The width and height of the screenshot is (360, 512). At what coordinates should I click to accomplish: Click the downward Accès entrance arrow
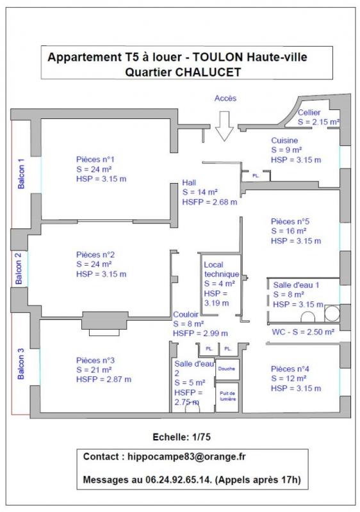click(224, 126)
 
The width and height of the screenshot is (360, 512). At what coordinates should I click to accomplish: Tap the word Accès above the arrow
click(225, 99)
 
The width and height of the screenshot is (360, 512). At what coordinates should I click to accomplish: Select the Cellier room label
click(309, 113)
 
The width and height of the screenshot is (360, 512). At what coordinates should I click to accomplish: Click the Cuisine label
click(284, 140)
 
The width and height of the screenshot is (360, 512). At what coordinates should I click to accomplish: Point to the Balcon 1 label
click(21, 173)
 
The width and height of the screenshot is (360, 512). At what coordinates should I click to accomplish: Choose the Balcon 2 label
click(19, 268)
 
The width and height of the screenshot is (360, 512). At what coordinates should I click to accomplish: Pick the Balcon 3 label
click(20, 364)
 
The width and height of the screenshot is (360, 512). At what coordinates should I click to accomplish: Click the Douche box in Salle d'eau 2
click(227, 369)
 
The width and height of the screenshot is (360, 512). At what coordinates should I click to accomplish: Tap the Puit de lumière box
click(227, 396)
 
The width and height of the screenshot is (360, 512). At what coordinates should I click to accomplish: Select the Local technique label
click(221, 269)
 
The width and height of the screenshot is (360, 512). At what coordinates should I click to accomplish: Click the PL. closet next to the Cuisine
click(256, 175)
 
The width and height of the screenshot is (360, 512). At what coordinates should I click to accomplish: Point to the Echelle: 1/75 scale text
click(182, 437)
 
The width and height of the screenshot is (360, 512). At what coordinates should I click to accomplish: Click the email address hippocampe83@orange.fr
click(186, 456)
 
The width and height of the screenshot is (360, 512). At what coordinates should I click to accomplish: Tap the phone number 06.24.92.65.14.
click(178, 479)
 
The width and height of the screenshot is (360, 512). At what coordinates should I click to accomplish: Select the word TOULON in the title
click(218, 57)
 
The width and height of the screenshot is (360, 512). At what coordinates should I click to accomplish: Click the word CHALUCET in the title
click(208, 72)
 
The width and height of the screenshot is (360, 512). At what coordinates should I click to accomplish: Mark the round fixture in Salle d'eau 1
click(332, 313)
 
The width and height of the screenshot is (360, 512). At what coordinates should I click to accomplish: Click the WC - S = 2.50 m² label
click(303, 332)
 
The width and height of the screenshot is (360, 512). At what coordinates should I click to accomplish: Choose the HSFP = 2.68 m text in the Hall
click(209, 202)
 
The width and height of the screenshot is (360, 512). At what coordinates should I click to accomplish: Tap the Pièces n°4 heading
click(290, 369)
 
